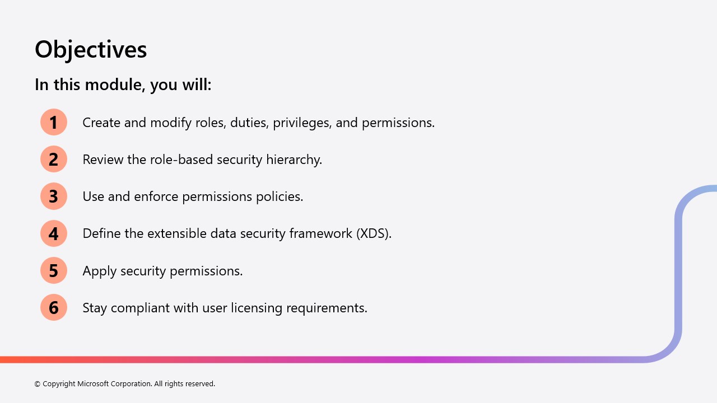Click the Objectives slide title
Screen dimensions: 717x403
[x=91, y=50]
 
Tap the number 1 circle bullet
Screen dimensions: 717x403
[x=53, y=122]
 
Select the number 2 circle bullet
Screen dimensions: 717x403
[x=53, y=160]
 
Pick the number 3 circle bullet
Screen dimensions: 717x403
[x=53, y=196]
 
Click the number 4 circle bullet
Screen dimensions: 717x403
[x=53, y=233]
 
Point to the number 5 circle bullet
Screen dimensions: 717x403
[x=53, y=270]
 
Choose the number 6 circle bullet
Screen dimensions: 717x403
[x=53, y=307]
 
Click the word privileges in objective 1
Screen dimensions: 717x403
[x=302, y=123]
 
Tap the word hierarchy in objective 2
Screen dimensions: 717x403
[x=294, y=160]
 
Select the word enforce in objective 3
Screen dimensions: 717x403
[x=156, y=196]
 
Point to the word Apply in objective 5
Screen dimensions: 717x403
[x=99, y=271]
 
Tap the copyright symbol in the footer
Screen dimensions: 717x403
[x=37, y=384]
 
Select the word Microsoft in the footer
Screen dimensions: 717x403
[x=93, y=383]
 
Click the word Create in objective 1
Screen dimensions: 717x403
[x=101, y=123]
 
